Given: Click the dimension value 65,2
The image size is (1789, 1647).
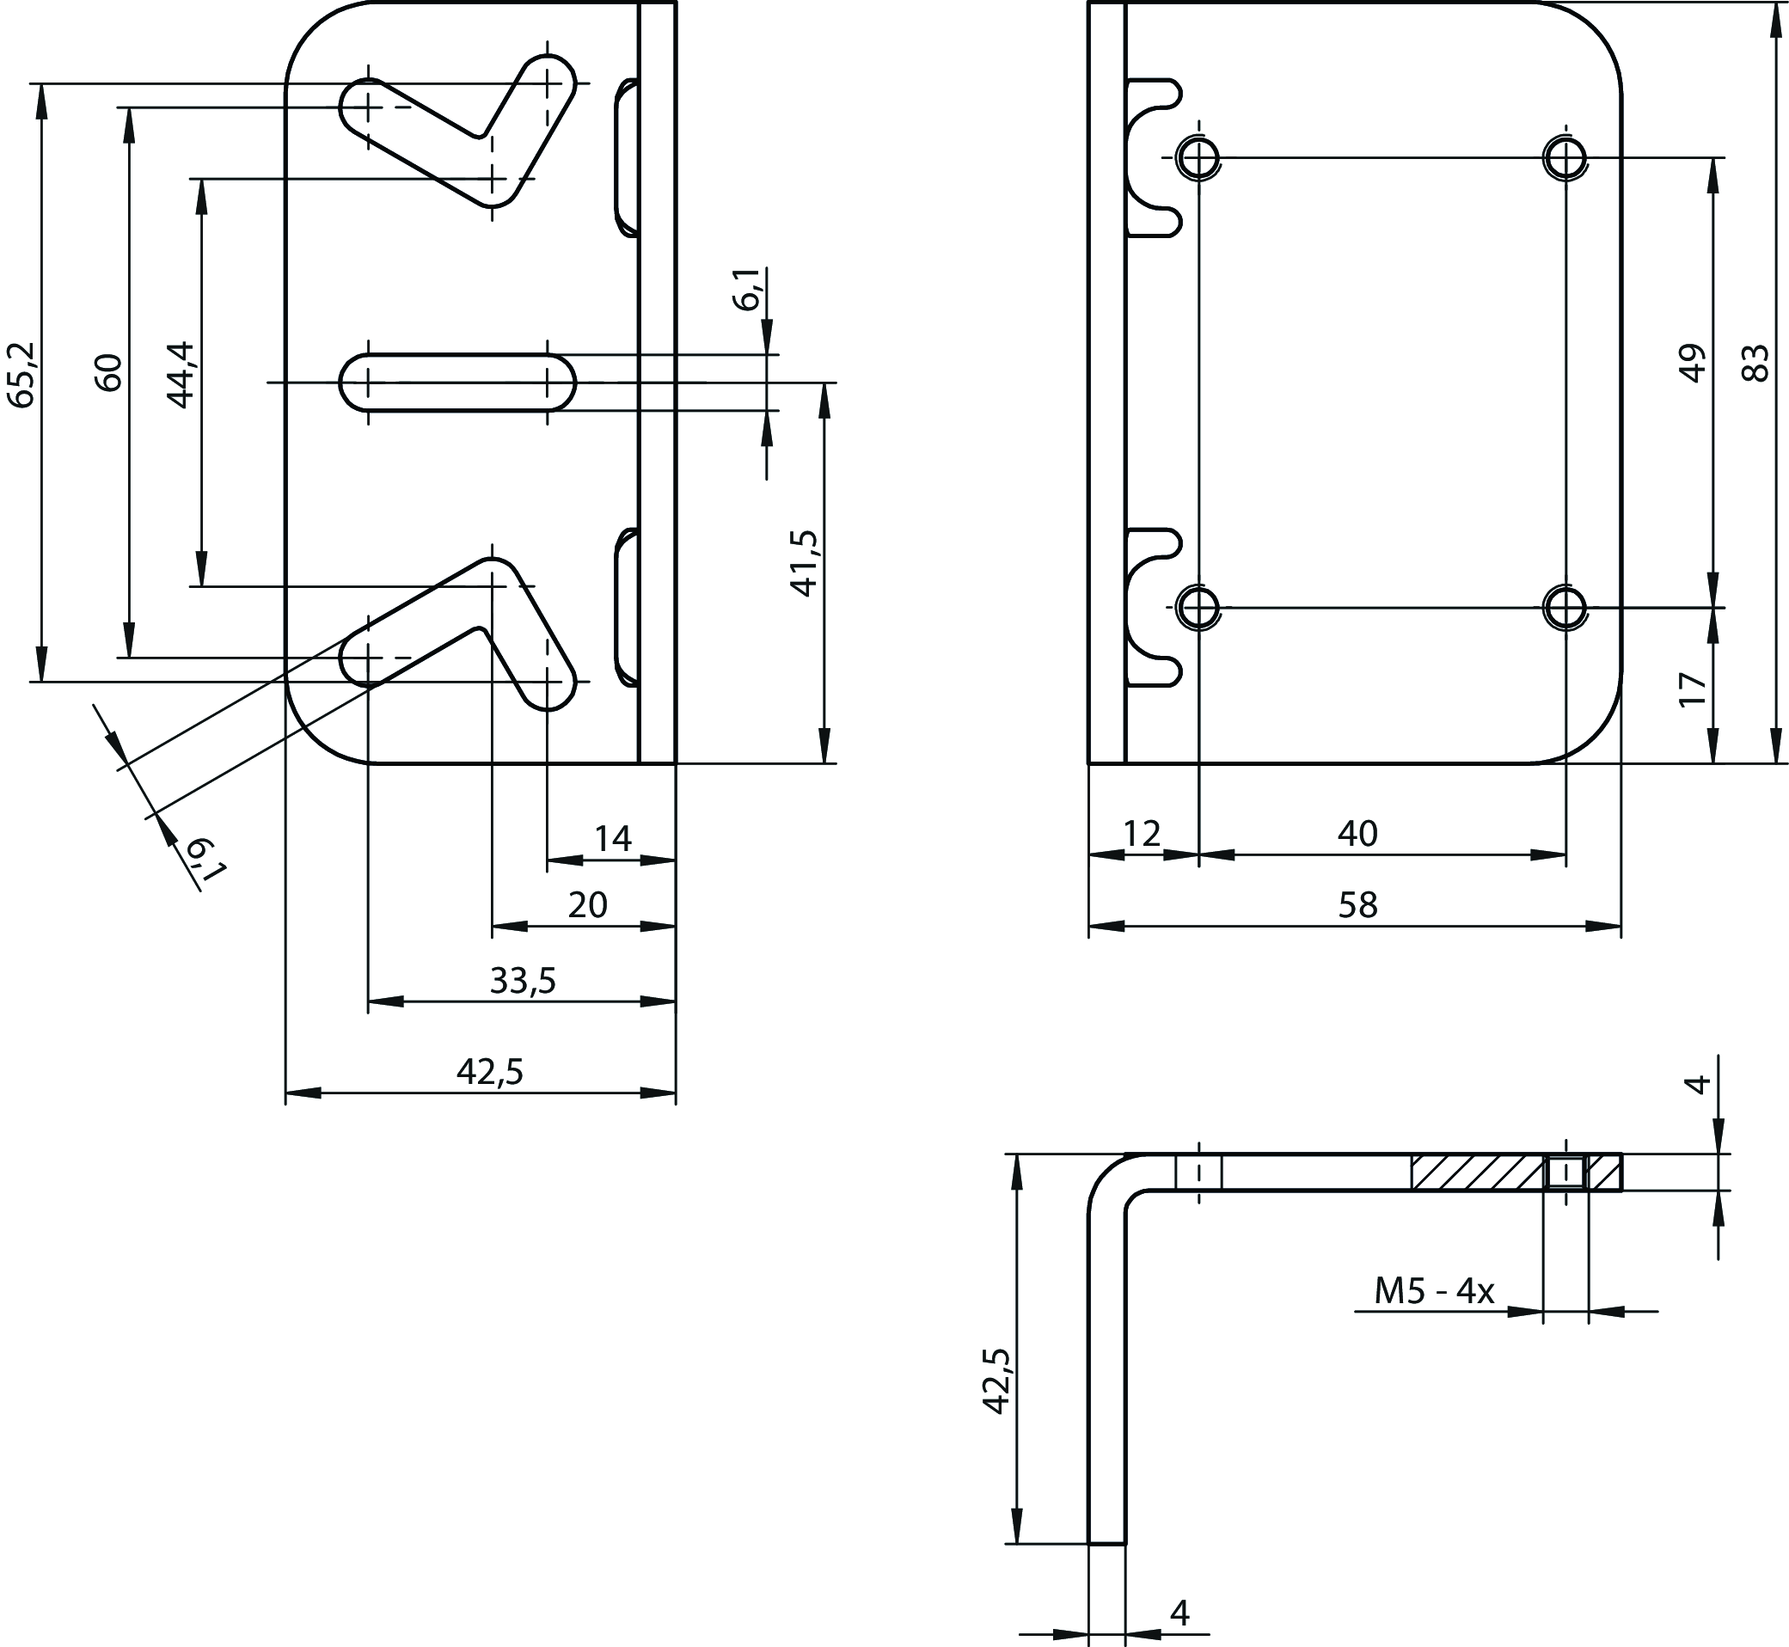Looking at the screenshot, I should (x=21, y=375).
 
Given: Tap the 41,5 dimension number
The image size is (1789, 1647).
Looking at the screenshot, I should (x=805, y=562).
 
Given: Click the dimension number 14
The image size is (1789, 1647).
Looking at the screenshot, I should (x=612, y=839).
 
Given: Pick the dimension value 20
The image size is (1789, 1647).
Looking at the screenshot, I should (x=587, y=905).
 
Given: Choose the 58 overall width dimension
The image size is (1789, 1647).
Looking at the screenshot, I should (x=1357, y=905).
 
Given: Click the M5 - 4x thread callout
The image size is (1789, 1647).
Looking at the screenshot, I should (x=1433, y=1290).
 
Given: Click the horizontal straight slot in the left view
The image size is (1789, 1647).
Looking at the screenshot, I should (x=457, y=383).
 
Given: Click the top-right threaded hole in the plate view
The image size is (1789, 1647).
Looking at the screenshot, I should (x=1565, y=159).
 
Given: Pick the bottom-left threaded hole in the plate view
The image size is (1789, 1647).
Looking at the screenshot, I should (x=1199, y=608).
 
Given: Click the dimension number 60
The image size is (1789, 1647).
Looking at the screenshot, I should (x=110, y=372).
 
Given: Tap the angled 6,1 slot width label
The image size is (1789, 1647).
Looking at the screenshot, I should (x=204, y=860).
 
